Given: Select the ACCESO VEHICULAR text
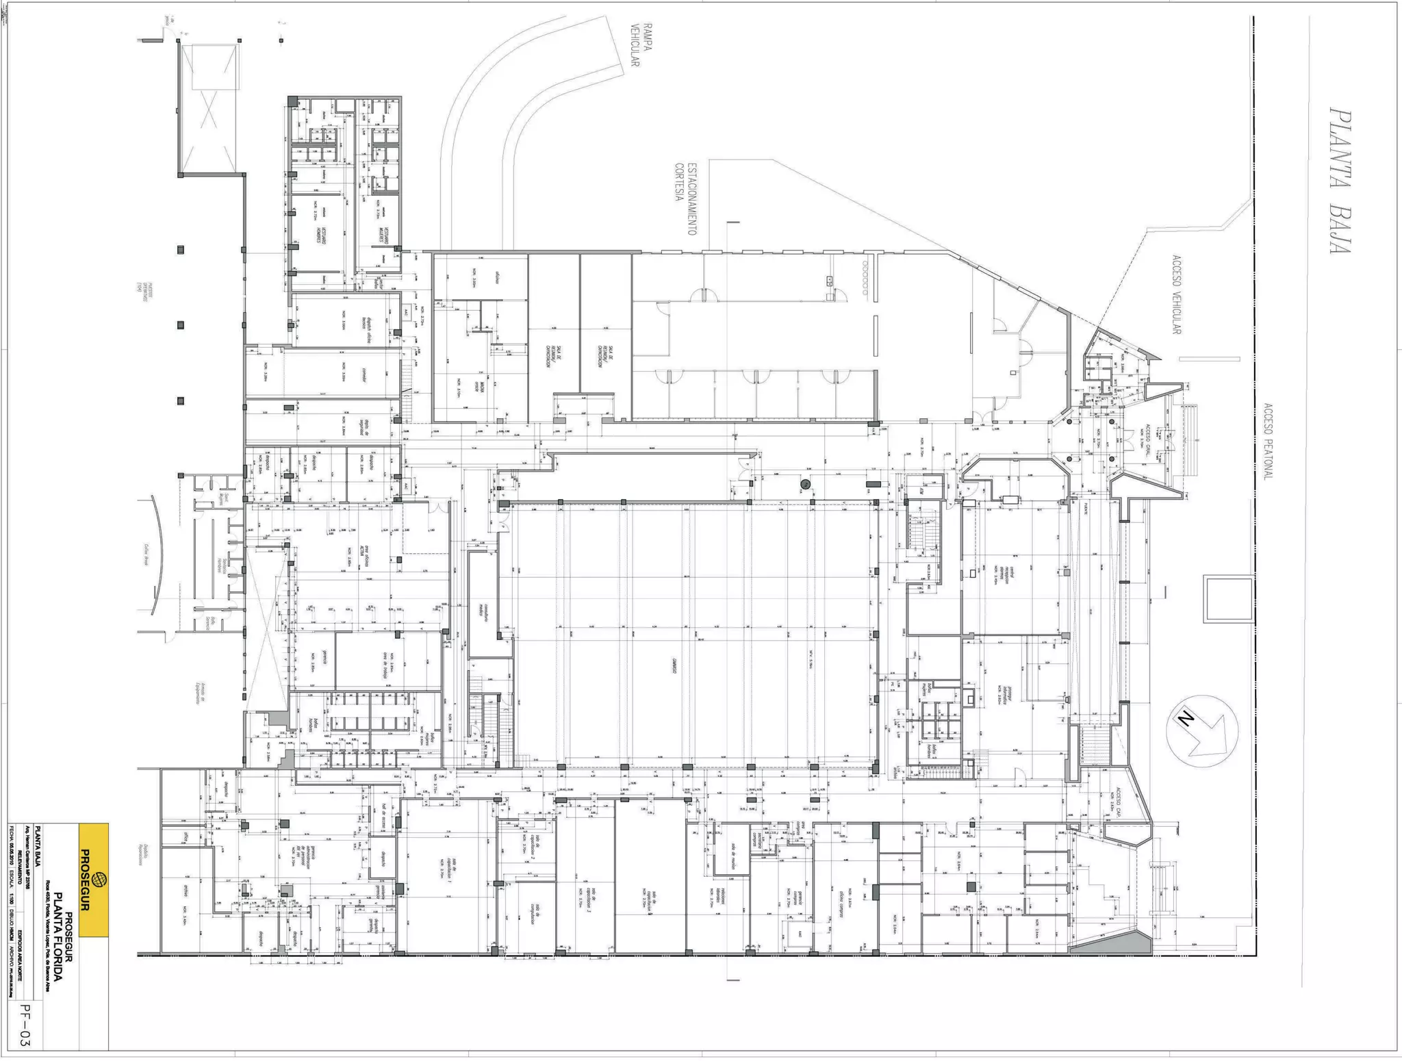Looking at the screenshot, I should click(1176, 295).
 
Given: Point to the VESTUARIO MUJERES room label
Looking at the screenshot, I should click(385, 233).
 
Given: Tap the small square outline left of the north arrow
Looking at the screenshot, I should click(1228, 599).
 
